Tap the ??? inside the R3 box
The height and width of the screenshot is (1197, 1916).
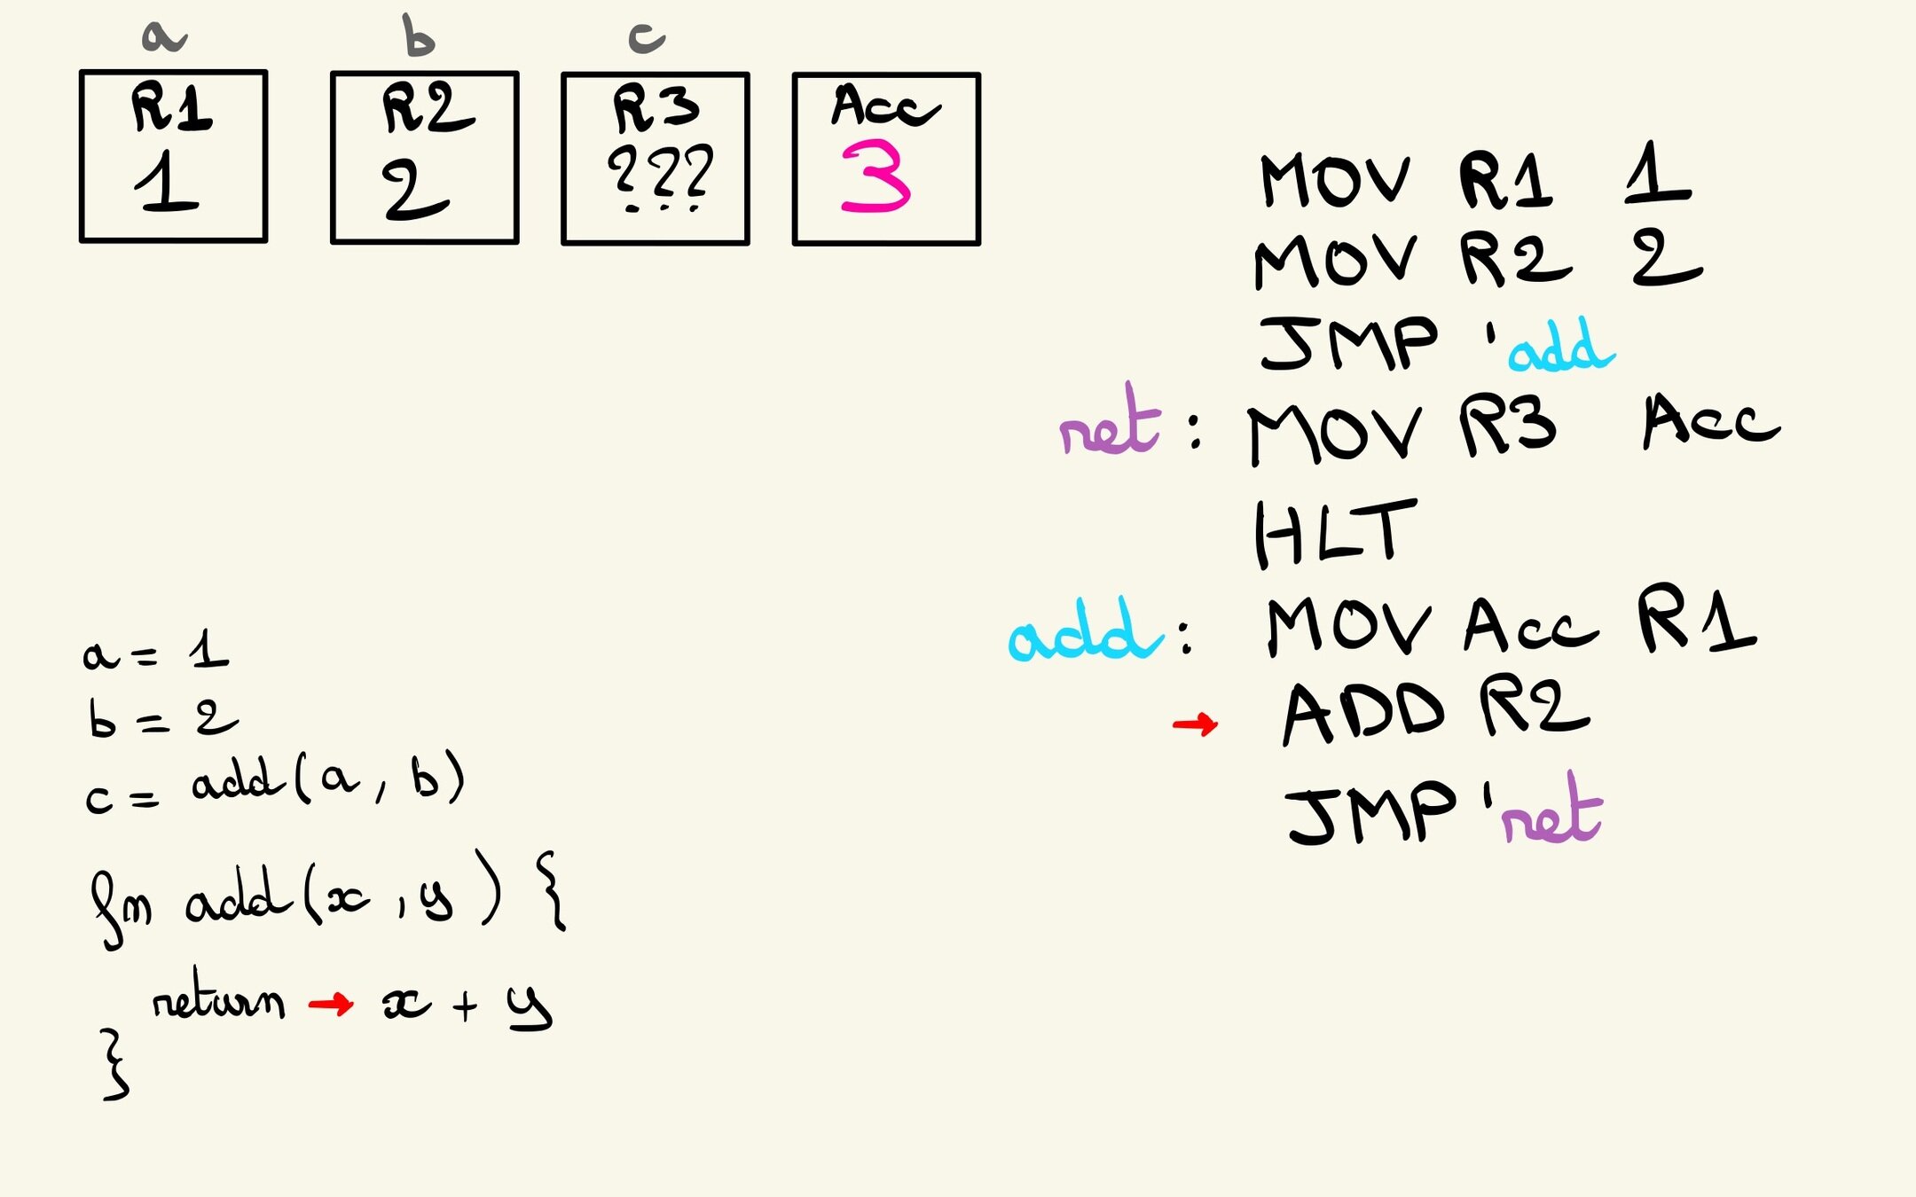pyautogui.click(x=660, y=175)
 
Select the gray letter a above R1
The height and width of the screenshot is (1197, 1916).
pyautogui.click(x=164, y=36)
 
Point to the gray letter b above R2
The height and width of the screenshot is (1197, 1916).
pyautogui.click(x=418, y=36)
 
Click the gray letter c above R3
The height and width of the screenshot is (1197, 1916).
pyautogui.click(x=646, y=38)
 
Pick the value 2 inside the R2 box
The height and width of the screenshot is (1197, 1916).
pyautogui.click(x=415, y=191)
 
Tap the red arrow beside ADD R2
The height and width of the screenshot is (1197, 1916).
pyautogui.click(x=1195, y=725)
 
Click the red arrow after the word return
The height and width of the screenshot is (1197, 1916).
pyautogui.click(x=331, y=1004)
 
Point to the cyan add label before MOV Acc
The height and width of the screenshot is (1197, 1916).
pyautogui.click(x=1084, y=631)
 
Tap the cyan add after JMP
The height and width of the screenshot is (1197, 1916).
pyautogui.click(x=1561, y=347)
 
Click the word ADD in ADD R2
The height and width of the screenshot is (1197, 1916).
pyautogui.click(x=1363, y=714)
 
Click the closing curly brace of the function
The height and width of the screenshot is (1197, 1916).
pyautogui.click(x=115, y=1064)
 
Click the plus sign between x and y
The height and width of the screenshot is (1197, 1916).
pyautogui.click(x=464, y=1005)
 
